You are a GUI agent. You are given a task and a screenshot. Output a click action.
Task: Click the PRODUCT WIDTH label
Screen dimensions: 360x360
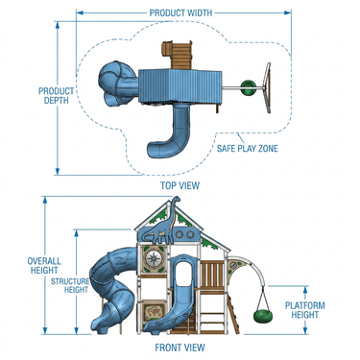tap(180, 12)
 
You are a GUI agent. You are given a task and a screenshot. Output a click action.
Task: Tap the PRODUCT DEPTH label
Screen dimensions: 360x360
tap(56, 95)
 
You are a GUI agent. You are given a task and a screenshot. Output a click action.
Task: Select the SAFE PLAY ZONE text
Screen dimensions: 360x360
tap(248, 148)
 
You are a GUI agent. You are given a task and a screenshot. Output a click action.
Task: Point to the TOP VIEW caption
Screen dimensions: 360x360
tap(180, 185)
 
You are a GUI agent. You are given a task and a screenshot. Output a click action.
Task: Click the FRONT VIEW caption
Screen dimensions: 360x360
tap(180, 348)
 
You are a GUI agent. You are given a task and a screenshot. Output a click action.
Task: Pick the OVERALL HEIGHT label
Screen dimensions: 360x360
tap(44, 265)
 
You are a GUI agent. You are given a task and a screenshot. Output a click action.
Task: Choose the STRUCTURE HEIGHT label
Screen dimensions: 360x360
tap(70, 285)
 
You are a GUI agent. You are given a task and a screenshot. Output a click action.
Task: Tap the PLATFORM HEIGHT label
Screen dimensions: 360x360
tap(304, 310)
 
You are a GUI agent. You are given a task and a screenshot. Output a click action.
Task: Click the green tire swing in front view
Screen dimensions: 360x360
tap(262, 315)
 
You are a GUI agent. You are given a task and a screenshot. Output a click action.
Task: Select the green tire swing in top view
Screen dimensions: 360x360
tap(249, 87)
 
